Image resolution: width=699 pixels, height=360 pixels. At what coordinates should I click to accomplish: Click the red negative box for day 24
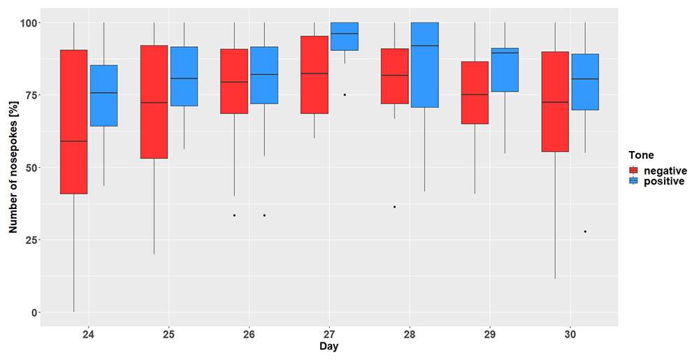click(x=73, y=122)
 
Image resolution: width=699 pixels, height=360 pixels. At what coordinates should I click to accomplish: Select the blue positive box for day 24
click(x=104, y=95)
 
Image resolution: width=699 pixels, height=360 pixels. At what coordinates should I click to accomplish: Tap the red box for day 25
click(x=154, y=101)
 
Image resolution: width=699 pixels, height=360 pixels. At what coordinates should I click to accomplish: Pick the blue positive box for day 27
click(x=345, y=36)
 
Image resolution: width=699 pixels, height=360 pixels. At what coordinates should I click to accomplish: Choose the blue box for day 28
click(x=425, y=64)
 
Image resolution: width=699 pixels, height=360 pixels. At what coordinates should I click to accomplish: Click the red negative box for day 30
click(x=555, y=101)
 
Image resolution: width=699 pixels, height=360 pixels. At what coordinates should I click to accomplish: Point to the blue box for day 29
click(x=505, y=70)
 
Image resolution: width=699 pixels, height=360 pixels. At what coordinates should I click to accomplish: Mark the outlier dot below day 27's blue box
click(x=345, y=95)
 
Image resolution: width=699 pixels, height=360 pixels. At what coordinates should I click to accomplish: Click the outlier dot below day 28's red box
click(x=394, y=207)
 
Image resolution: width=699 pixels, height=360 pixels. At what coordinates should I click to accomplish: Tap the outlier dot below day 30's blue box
click(x=585, y=231)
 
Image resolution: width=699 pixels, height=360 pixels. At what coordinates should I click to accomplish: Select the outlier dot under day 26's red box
click(x=234, y=215)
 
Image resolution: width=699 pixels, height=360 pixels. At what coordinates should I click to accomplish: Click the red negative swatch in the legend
click(x=633, y=171)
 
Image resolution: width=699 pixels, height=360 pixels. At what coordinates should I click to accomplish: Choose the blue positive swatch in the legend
click(x=633, y=181)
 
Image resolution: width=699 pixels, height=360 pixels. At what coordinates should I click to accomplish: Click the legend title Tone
click(x=641, y=155)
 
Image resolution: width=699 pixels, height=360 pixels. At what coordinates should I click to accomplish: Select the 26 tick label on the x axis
click(x=250, y=333)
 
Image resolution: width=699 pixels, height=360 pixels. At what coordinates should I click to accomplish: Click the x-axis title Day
click(x=329, y=346)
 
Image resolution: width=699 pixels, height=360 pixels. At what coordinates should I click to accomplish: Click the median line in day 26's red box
click(x=234, y=82)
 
